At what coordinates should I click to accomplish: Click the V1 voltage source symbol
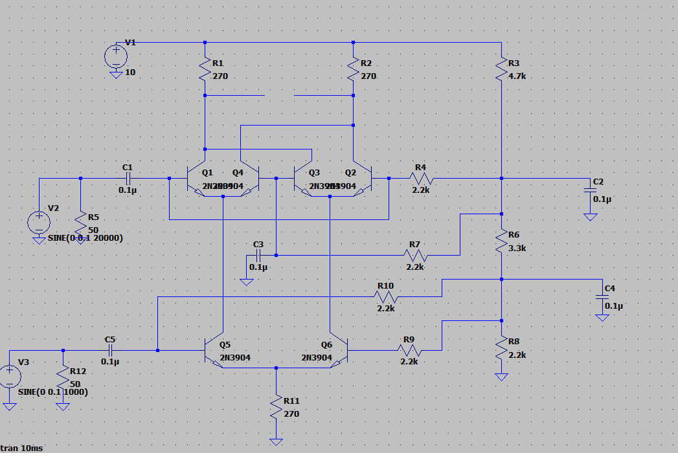click(x=116, y=56)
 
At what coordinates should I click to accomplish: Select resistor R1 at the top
click(x=205, y=69)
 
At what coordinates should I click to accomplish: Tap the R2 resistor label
click(x=367, y=63)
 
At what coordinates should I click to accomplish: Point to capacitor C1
click(x=128, y=177)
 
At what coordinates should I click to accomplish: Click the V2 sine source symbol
click(x=38, y=222)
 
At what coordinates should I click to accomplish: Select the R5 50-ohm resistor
click(x=80, y=223)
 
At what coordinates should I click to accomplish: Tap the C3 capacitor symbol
click(x=258, y=255)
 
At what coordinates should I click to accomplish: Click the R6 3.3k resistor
click(x=502, y=241)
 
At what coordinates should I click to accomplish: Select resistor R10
click(x=385, y=296)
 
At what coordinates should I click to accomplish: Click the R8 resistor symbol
click(x=502, y=349)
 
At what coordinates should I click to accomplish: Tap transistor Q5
click(x=214, y=351)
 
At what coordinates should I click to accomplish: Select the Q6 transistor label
click(x=326, y=345)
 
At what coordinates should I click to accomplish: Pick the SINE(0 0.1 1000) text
click(x=53, y=392)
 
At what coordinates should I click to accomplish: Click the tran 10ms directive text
click(x=22, y=448)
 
